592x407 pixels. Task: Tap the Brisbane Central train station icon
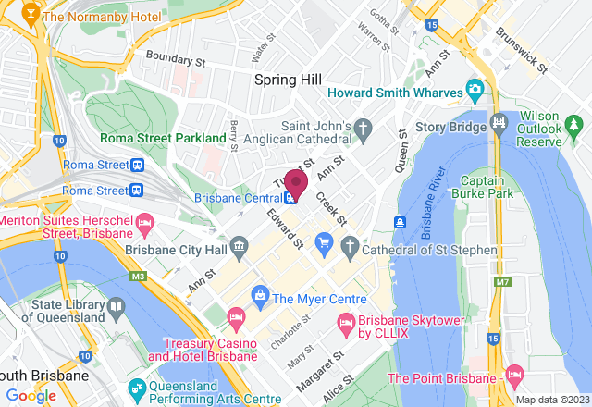(x=291, y=197)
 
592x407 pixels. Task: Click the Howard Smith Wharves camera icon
(x=475, y=90)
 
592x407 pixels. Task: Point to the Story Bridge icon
(x=500, y=121)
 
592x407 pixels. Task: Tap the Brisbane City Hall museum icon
(x=240, y=245)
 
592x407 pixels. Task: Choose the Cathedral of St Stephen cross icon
(x=350, y=245)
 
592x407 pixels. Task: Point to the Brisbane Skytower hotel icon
(x=346, y=323)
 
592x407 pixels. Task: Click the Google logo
(x=31, y=396)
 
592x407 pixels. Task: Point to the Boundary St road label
(x=175, y=59)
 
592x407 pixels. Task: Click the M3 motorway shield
(x=140, y=276)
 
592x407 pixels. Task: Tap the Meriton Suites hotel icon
(x=144, y=223)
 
